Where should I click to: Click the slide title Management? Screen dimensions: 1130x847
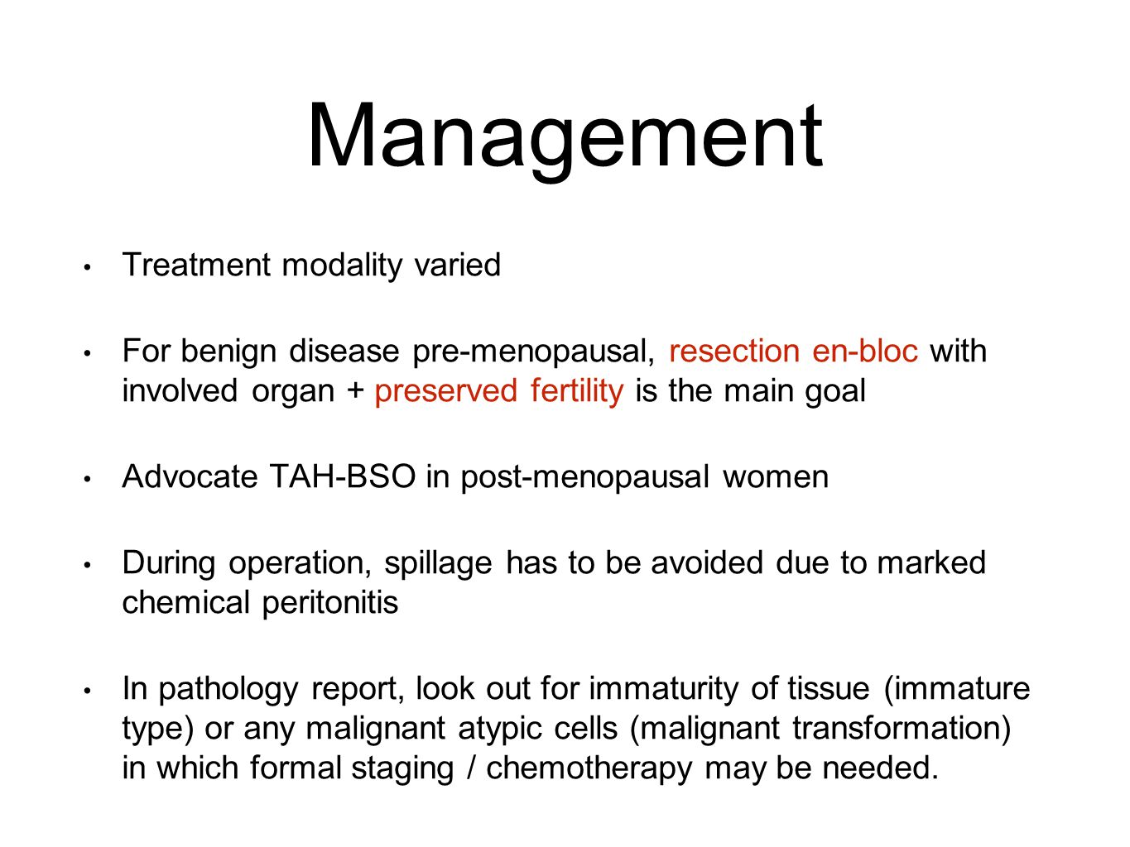click(x=565, y=138)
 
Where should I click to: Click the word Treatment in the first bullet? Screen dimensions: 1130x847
click(x=196, y=265)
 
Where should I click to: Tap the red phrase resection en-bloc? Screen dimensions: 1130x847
click(x=793, y=352)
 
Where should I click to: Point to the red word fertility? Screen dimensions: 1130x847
click(x=576, y=391)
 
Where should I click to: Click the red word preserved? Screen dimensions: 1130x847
click(x=445, y=392)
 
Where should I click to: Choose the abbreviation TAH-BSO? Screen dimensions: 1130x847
click(x=343, y=476)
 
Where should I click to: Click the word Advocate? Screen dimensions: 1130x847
click(x=190, y=476)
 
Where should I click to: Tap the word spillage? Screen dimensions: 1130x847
click(x=438, y=564)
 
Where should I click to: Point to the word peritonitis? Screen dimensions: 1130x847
click(x=330, y=603)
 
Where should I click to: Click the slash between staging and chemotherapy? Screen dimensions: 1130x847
click(x=470, y=768)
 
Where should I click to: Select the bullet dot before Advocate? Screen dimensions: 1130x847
click(x=87, y=479)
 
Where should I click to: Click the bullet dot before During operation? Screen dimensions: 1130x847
click(x=87, y=565)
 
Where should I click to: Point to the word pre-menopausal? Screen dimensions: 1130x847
click(x=534, y=352)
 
